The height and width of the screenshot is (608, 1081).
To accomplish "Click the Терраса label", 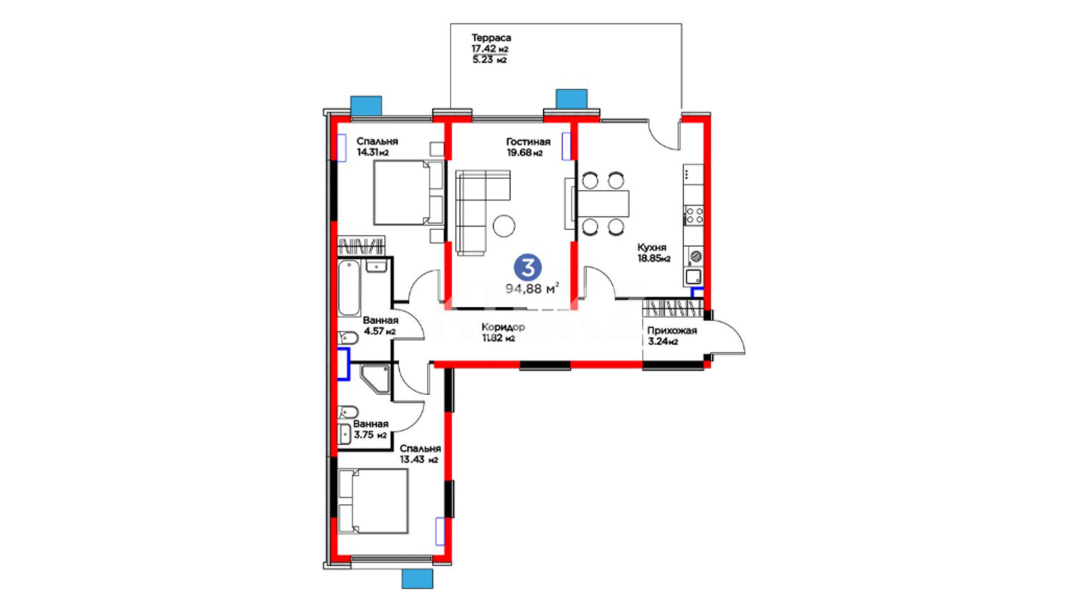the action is coord(491,38).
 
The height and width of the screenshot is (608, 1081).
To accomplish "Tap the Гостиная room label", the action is coord(528,142).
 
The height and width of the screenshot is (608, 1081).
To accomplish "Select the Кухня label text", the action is coord(651,248).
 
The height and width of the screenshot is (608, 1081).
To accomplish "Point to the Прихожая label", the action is coord(672,330).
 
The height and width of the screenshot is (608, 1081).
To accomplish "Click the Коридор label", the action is coord(503,327).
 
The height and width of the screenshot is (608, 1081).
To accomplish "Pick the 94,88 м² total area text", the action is coord(532,289).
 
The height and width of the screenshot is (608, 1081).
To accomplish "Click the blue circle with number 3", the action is coord(528,268).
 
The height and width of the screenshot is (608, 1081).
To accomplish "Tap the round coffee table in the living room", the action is coord(504,226).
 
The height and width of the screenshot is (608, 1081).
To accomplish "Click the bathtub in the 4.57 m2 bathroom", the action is coord(349,288).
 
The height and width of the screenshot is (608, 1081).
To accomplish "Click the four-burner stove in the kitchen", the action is coord(694,214).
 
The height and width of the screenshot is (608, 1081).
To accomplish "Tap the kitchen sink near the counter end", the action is coord(694,277).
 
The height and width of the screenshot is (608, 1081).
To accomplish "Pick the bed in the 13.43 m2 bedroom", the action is coord(373,501).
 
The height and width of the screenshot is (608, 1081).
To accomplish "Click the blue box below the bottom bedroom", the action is coord(417,579).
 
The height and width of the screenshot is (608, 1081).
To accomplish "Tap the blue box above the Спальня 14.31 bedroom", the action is coord(366,105).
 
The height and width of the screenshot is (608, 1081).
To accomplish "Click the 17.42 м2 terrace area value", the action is coord(490,49).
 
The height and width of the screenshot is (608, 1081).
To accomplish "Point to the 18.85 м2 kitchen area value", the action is coord(654,259).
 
